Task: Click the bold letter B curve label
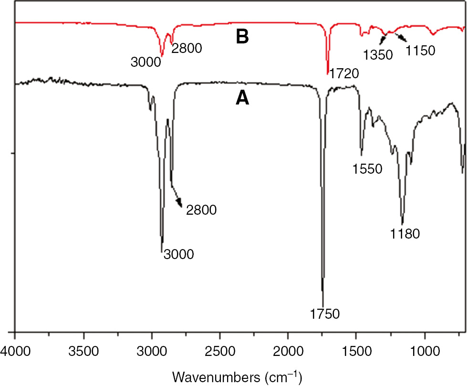tap(243, 37)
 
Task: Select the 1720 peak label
tap(343, 73)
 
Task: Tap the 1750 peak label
tap(324, 313)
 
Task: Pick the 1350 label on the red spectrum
tap(377, 54)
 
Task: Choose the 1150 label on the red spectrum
tap(420, 50)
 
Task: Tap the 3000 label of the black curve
tap(178, 254)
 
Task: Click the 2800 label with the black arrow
tap(202, 209)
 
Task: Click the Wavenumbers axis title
tap(237, 377)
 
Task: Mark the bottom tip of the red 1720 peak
tap(328, 74)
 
